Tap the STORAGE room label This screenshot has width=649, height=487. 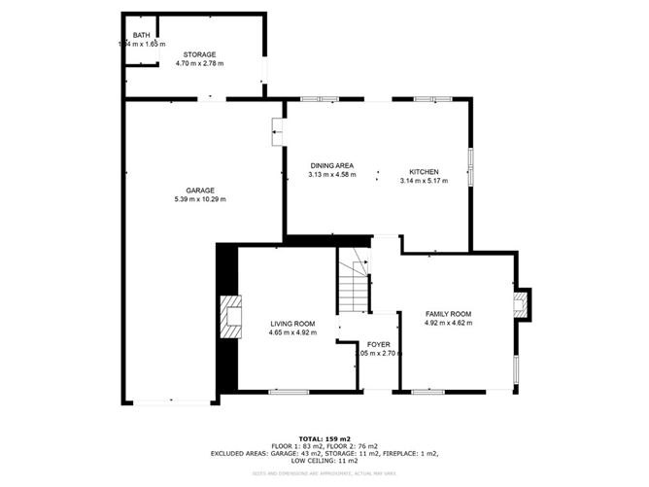[199, 54]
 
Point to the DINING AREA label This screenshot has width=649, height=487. [331, 166]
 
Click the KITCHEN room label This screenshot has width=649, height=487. [424, 172]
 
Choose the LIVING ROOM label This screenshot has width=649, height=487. [292, 324]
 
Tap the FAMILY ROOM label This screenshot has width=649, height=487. [448, 314]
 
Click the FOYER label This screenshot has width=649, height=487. [378, 345]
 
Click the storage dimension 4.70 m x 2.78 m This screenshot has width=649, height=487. [199, 63]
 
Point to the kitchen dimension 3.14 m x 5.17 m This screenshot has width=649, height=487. [424, 181]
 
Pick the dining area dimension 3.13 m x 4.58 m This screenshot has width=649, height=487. [331, 175]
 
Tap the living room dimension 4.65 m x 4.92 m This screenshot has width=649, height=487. [292, 332]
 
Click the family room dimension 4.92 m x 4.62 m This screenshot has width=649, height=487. [448, 323]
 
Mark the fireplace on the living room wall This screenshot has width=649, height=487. [230, 317]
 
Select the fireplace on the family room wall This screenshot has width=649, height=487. [523, 304]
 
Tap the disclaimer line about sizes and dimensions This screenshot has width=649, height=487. [325, 472]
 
